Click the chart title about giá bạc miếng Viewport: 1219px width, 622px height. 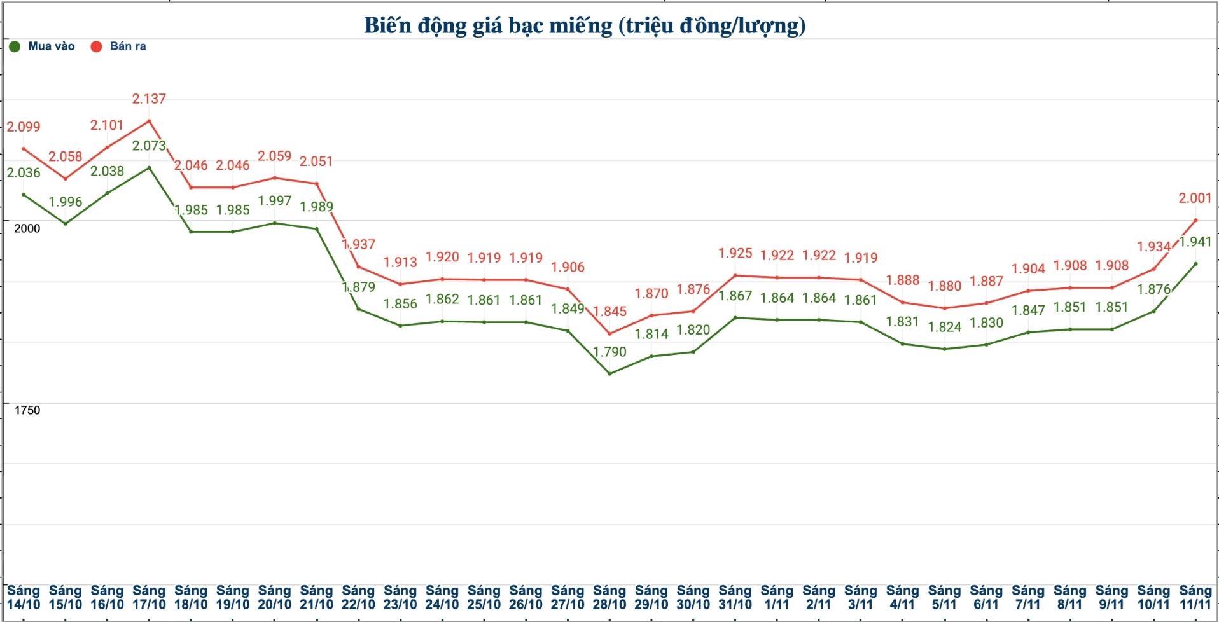pyautogui.click(x=585, y=25)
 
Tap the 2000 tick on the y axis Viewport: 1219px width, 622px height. pyautogui.click(x=27, y=228)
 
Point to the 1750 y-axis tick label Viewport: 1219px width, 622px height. pyautogui.click(x=27, y=410)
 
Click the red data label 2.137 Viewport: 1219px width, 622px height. pyautogui.click(x=149, y=99)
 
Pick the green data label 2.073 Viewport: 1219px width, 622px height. pyautogui.click(x=149, y=146)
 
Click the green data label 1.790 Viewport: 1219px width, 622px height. pyautogui.click(x=609, y=352)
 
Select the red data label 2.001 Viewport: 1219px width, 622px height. pyautogui.click(x=1195, y=198)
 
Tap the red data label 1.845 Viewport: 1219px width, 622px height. pyautogui.click(x=609, y=311)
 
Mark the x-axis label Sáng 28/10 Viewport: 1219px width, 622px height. pyautogui.click(x=609, y=598)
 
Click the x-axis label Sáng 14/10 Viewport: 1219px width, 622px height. pyautogui.click(x=24, y=598)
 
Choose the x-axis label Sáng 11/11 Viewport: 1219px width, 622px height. pyautogui.click(x=1195, y=598)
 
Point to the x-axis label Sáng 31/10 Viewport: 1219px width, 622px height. pyautogui.click(x=735, y=598)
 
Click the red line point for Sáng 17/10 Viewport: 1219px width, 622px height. pyautogui.click(x=149, y=121)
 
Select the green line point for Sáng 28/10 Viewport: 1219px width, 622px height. pyautogui.click(x=609, y=373)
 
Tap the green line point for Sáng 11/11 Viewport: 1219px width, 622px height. pyautogui.click(x=1195, y=264)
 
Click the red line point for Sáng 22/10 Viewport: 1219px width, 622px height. pyautogui.click(x=358, y=266)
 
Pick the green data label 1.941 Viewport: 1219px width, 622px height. pyautogui.click(x=1195, y=242)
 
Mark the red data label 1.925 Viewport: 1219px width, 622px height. pyautogui.click(x=735, y=253)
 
